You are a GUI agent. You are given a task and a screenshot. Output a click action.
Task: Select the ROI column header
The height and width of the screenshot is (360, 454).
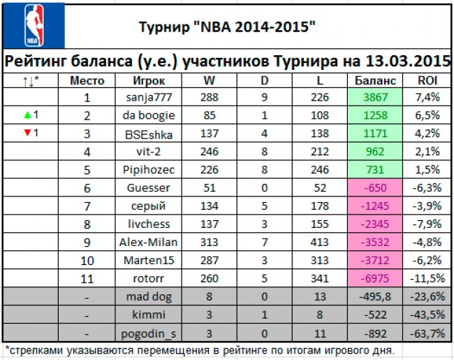click(x=427, y=80)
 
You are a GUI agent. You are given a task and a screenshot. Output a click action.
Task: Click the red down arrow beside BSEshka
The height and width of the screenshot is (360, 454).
click(x=24, y=133)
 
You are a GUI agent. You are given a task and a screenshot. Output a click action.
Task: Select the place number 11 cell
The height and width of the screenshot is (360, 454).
click(x=87, y=278)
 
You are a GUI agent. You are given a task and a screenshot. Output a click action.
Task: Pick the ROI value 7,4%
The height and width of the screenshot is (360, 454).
click(x=427, y=98)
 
